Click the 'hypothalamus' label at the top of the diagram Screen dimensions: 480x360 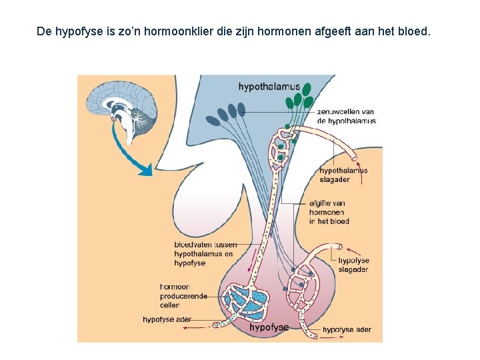click(x=269, y=87)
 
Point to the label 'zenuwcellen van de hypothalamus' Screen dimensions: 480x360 click(x=346, y=117)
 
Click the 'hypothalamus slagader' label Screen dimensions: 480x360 click(x=343, y=175)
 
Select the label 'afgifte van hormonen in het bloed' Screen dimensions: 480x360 click(x=329, y=211)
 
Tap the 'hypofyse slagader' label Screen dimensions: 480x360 click(x=353, y=265)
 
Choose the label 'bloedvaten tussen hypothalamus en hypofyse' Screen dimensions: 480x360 click(x=204, y=253)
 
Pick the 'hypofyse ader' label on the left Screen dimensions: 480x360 click(x=167, y=319)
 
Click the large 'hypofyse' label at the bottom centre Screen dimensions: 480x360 click(x=269, y=327)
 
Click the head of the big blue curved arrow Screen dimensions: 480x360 click(x=146, y=171)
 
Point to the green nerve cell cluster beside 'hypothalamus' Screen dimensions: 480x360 click(x=299, y=97)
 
